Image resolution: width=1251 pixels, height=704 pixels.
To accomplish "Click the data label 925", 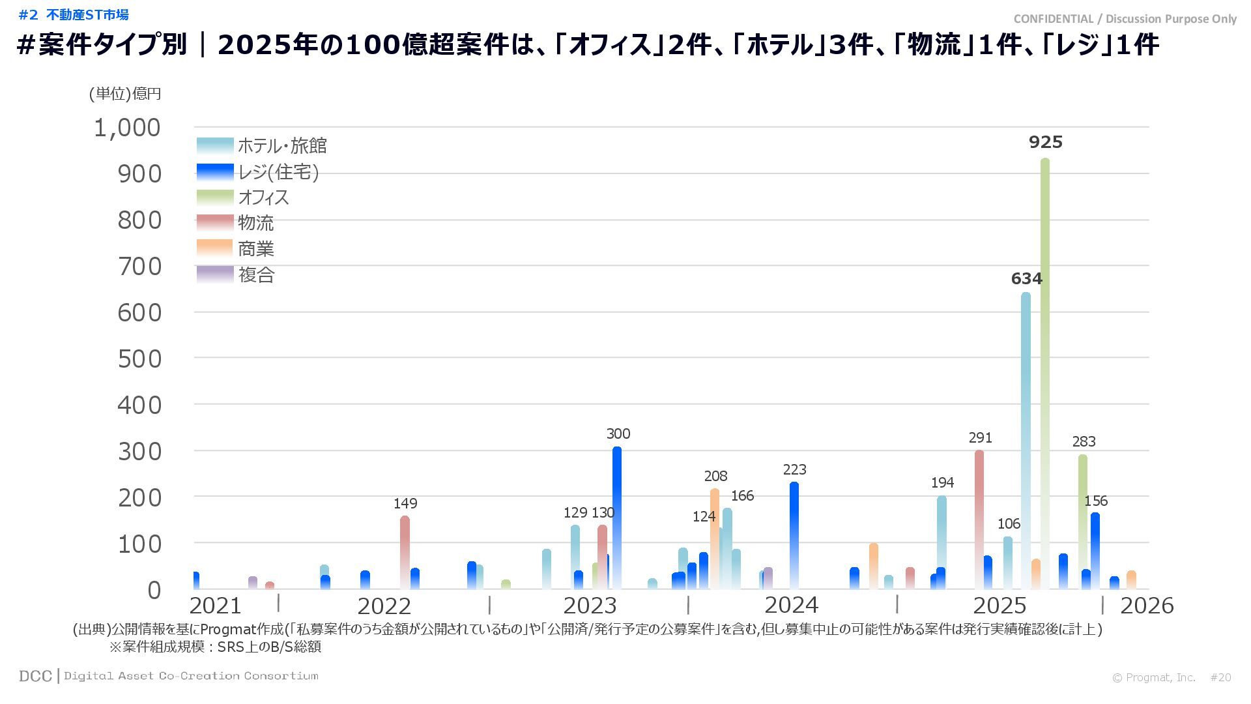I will [x=1045, y=142].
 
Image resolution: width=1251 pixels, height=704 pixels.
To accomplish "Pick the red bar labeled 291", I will [x=979, y=518].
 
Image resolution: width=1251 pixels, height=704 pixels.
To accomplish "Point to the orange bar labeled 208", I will [x=715, y=538].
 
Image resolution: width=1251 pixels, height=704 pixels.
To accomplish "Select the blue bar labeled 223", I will [x=794, y=535].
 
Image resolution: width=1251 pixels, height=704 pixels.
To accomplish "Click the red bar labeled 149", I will [x=405, y=551].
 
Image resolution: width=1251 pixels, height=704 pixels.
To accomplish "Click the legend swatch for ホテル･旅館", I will [x=215, y=145].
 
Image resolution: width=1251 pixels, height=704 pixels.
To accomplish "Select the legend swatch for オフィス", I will [x=215, y=197].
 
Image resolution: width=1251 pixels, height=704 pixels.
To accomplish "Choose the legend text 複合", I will [x=256, y=275].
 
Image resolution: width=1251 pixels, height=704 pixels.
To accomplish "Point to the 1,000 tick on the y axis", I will [x=127, y=128].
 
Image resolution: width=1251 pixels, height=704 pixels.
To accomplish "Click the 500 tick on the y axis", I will [x=139, y=359].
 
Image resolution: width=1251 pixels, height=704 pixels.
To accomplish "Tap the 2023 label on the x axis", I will [x=589, y=606].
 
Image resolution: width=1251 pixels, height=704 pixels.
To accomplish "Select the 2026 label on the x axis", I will [x=1146, y=606].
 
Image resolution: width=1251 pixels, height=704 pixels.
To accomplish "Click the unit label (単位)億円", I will [x=125, y=94].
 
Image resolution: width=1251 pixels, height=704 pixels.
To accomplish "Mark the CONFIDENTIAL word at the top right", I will [x=1053, y=19].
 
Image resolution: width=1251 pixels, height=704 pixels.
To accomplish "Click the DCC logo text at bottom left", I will [x=35, y=676].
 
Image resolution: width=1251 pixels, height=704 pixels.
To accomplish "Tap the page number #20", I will [x=1220, y=677].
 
